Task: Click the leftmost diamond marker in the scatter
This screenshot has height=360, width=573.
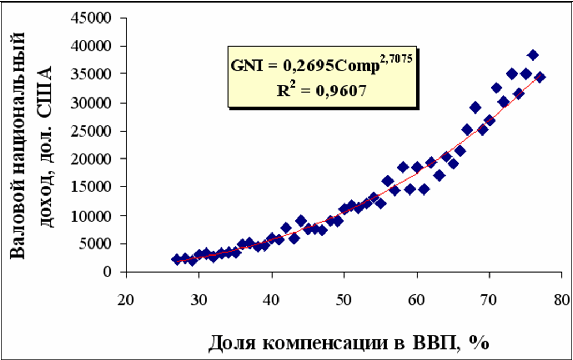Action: click(177, 259)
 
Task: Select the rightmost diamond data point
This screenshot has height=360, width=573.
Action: click(540, 77)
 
